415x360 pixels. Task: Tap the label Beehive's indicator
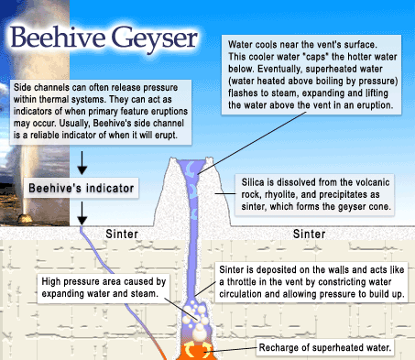81,189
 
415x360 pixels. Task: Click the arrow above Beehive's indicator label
82,163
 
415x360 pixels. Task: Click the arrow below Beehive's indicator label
82,213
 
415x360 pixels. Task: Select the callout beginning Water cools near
312,75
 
